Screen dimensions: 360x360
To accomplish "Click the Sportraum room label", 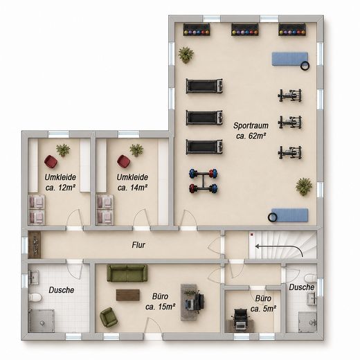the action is [x=251, y=131].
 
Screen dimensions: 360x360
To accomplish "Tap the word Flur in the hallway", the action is [x=138, y=245].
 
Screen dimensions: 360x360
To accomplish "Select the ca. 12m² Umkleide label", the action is [x=60, y=182].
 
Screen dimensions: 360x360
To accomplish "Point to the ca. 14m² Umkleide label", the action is [x=132, y=182].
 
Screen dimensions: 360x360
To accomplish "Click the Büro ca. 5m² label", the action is [x=263, y=303].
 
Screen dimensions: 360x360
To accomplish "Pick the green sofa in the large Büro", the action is [x=127, y=273].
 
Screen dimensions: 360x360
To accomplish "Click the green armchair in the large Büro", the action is [x=109, y=317].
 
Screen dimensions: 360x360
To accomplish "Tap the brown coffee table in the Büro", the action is [x=128, y=295].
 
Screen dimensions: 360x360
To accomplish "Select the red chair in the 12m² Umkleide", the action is [x=51, y=161].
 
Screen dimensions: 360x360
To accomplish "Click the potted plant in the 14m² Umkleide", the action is [x=136, y=150].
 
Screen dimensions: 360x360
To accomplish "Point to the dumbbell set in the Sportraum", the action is [x=204, y=181].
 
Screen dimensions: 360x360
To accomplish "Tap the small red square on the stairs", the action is [x=252, y=235].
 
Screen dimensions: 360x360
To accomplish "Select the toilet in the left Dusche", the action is [x=35, y=297].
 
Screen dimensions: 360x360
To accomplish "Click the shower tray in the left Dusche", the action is [x=42, y=321].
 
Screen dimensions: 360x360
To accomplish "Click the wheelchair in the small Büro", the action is [x=241, y=319].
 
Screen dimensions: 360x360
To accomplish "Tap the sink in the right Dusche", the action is [x=312, y=298].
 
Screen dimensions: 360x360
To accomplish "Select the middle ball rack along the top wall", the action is [x=245, y=30].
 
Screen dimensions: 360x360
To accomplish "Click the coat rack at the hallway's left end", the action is [x=35, y=245].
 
